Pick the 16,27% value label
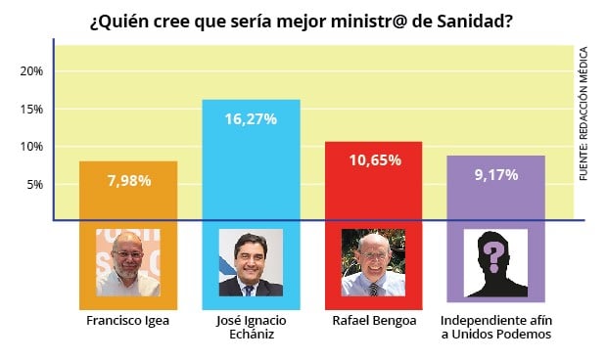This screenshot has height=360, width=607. tap(251, 118)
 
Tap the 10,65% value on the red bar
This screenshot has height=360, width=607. tap(373, 159)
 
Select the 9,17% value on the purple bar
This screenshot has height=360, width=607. tap(495, 174)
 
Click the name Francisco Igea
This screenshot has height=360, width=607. tap(128, 321)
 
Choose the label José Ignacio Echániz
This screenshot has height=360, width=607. tap(251, 328)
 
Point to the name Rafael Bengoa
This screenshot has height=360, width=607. tap(373, 321)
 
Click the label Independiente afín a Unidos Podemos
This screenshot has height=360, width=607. tap(495, 328)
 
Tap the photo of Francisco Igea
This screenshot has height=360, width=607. tap(128, 262)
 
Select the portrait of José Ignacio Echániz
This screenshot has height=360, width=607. tap(251, 262)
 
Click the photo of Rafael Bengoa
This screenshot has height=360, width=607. tap(373, 262)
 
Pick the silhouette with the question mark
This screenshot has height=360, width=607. tap(495, 262)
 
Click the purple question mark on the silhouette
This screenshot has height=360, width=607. tap(495, 257)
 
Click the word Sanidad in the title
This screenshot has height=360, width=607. tap(475, 21)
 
